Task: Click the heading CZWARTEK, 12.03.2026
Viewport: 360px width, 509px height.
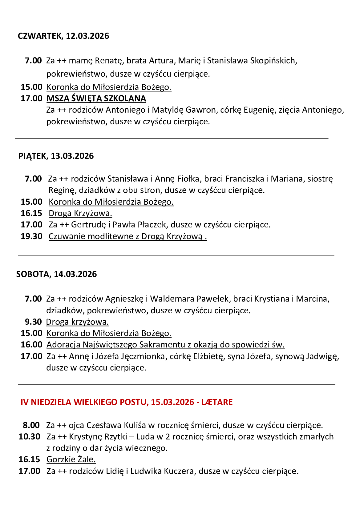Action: [x=63, y=36]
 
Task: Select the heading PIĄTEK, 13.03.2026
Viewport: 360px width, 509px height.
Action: [x=56, y=156]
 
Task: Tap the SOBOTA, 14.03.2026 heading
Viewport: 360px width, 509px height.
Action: [x=56, y=274]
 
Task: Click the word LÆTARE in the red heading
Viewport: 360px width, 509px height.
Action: [x=217, y=402]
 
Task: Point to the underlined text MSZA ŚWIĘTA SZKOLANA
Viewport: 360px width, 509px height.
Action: [x=96, y=98]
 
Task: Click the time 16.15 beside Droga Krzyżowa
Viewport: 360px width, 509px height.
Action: [x=31, y=213]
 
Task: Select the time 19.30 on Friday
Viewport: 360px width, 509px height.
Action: [x=31, y=236]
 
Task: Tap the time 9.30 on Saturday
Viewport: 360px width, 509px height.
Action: [x=33, y=322]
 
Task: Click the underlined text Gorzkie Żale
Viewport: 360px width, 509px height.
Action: [x=71, y=459]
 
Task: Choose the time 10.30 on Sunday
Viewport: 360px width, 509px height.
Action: [x=30, y=437]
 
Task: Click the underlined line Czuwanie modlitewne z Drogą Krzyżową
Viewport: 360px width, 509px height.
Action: [x=127, y=236]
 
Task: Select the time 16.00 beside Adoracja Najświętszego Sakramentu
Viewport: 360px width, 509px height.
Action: [x=31, y=345]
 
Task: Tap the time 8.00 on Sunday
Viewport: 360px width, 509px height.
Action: [x=31, y=425]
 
